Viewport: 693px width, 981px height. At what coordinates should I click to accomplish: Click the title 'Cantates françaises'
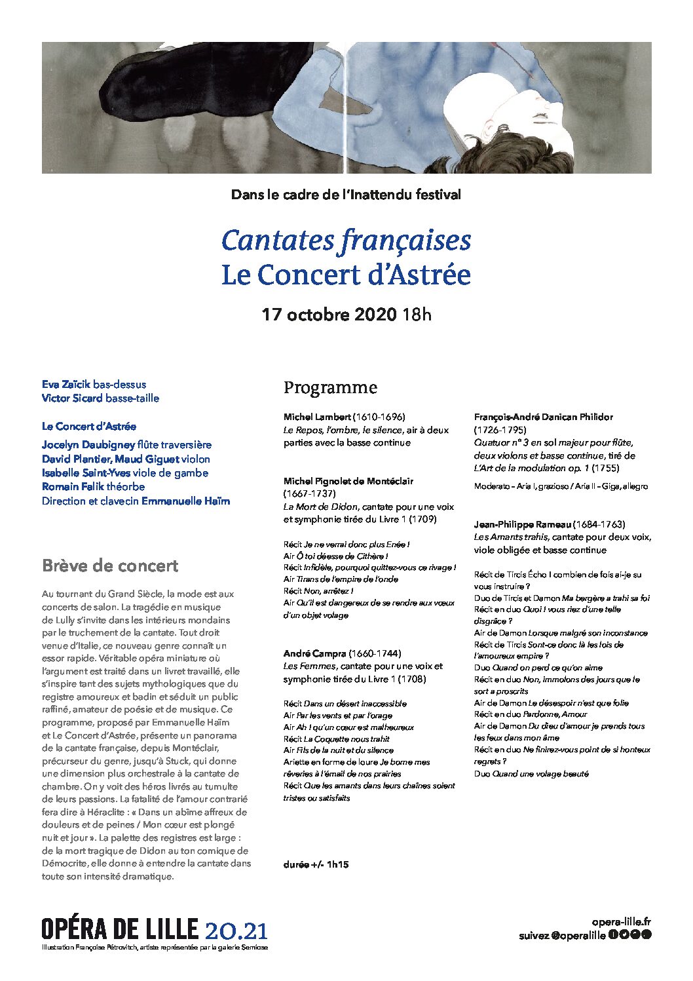coord(346,240)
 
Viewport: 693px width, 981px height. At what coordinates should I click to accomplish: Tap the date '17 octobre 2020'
coord(329,315)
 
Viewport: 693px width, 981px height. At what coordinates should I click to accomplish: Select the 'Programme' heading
coord(330,387)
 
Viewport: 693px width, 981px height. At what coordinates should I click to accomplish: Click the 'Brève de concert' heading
coord(110,566)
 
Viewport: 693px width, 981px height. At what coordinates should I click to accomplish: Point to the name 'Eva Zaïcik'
coord(66,384)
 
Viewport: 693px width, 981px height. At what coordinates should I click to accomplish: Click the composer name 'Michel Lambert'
coord(318,417)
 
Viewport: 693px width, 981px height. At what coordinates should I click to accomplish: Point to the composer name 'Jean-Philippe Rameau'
coord(522,524)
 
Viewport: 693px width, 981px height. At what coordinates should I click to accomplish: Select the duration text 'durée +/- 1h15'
coord(316,864)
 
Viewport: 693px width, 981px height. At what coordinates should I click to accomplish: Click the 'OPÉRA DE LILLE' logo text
coord(119,929)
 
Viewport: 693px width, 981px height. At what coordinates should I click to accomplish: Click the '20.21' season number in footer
coord(236,930)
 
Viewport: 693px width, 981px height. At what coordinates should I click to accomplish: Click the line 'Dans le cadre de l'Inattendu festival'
coord(346,195)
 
